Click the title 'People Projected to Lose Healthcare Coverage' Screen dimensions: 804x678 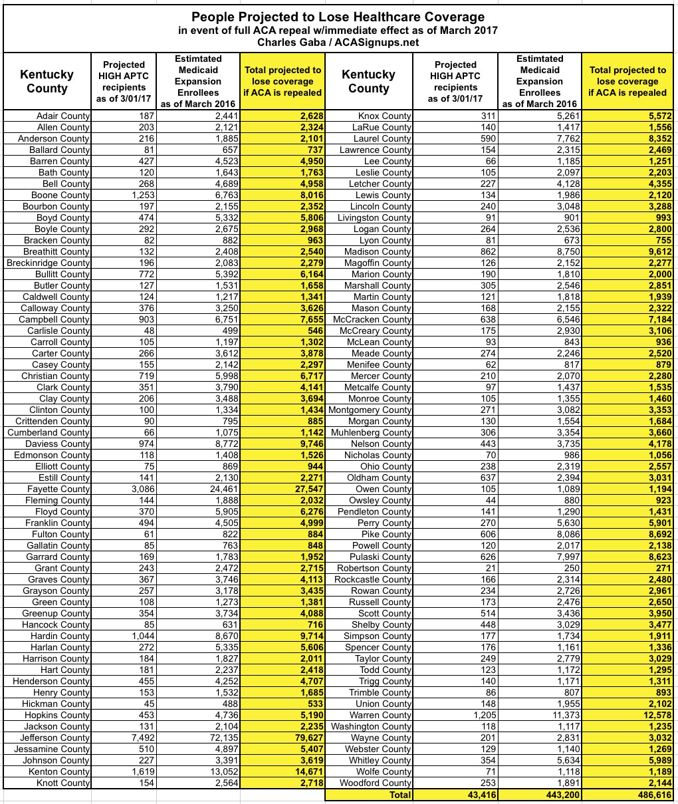[x=338, y=17]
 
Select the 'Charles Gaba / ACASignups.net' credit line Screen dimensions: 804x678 [x=338, y=42]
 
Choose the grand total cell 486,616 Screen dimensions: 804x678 [x=648, y=795]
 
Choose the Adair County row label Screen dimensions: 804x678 [x=62, y=116]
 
